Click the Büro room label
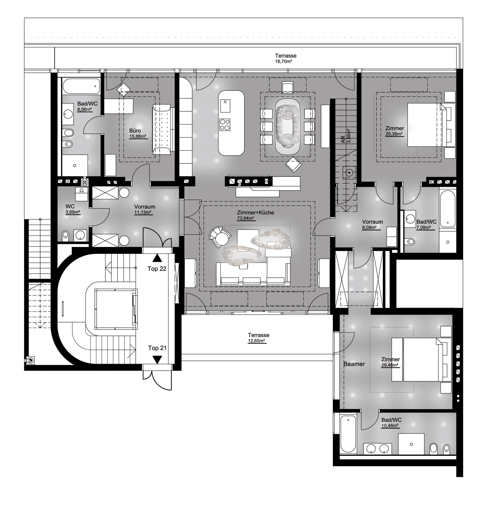pyautogui.click(x=135, y=131)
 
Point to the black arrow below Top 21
pyautogui.click(x=157, y=360)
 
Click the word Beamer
pyautogui.click(x=354, y=364)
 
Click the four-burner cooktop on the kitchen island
pyautogui.click(x=225, y=125)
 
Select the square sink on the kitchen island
pyautogui.click(x=225, y=106)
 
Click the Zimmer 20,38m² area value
pyautogui.click(x=394, y=134)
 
